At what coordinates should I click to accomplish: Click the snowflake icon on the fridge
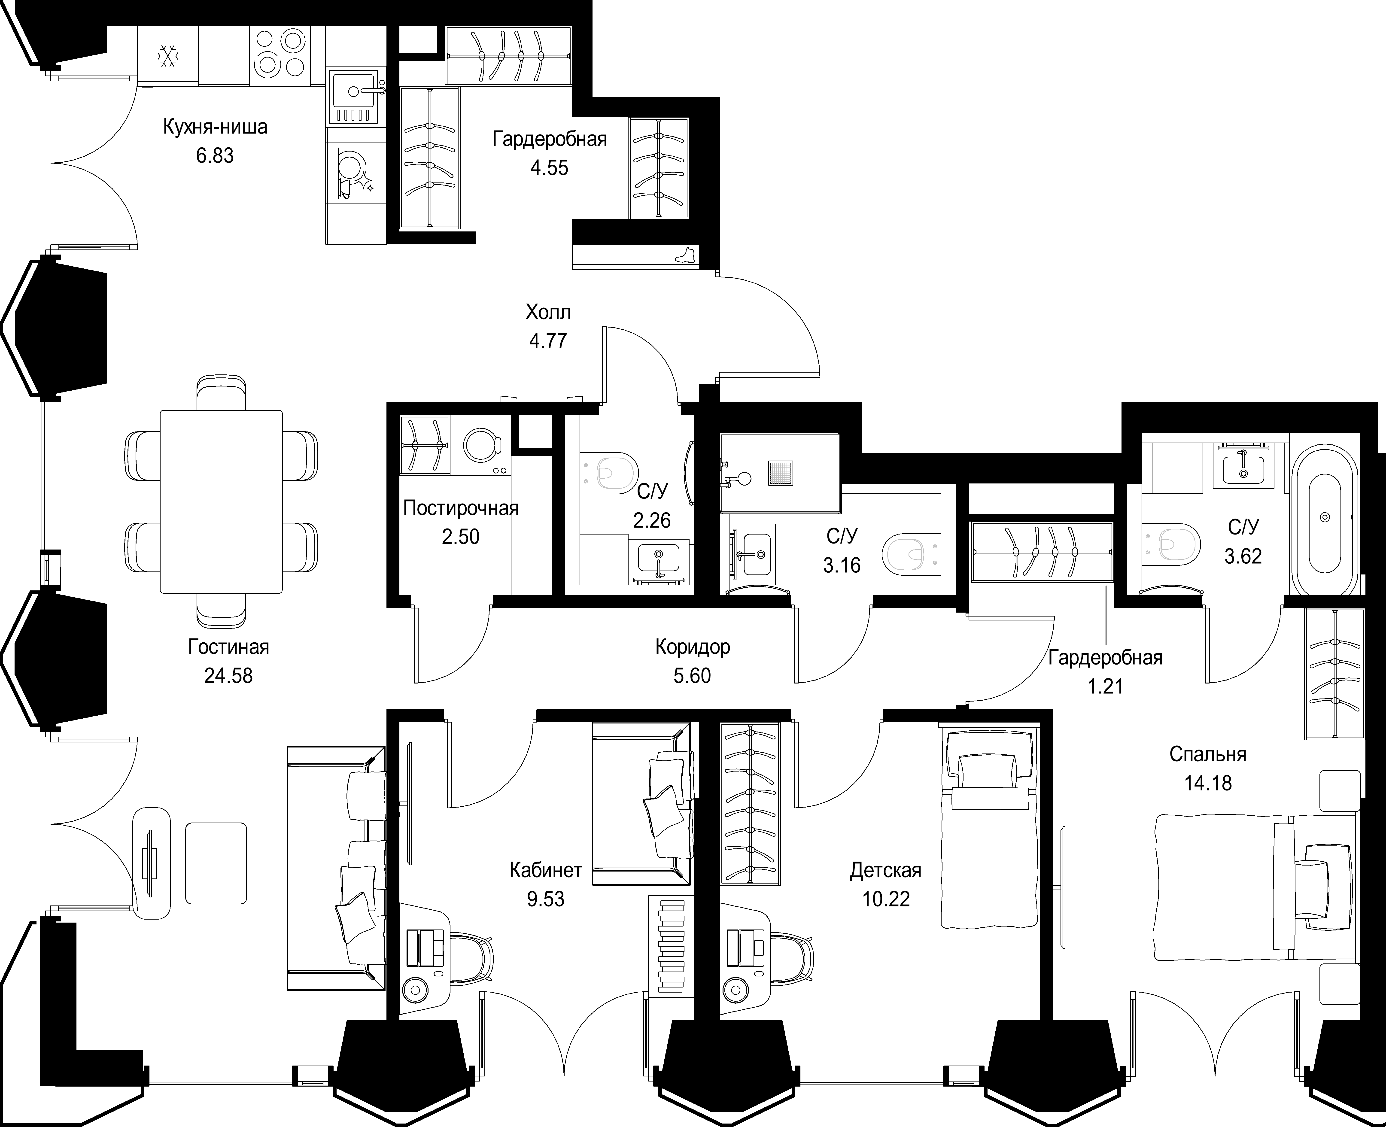168,57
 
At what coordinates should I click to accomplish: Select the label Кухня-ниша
215,127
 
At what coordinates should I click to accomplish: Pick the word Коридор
693,647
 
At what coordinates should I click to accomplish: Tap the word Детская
885,871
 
